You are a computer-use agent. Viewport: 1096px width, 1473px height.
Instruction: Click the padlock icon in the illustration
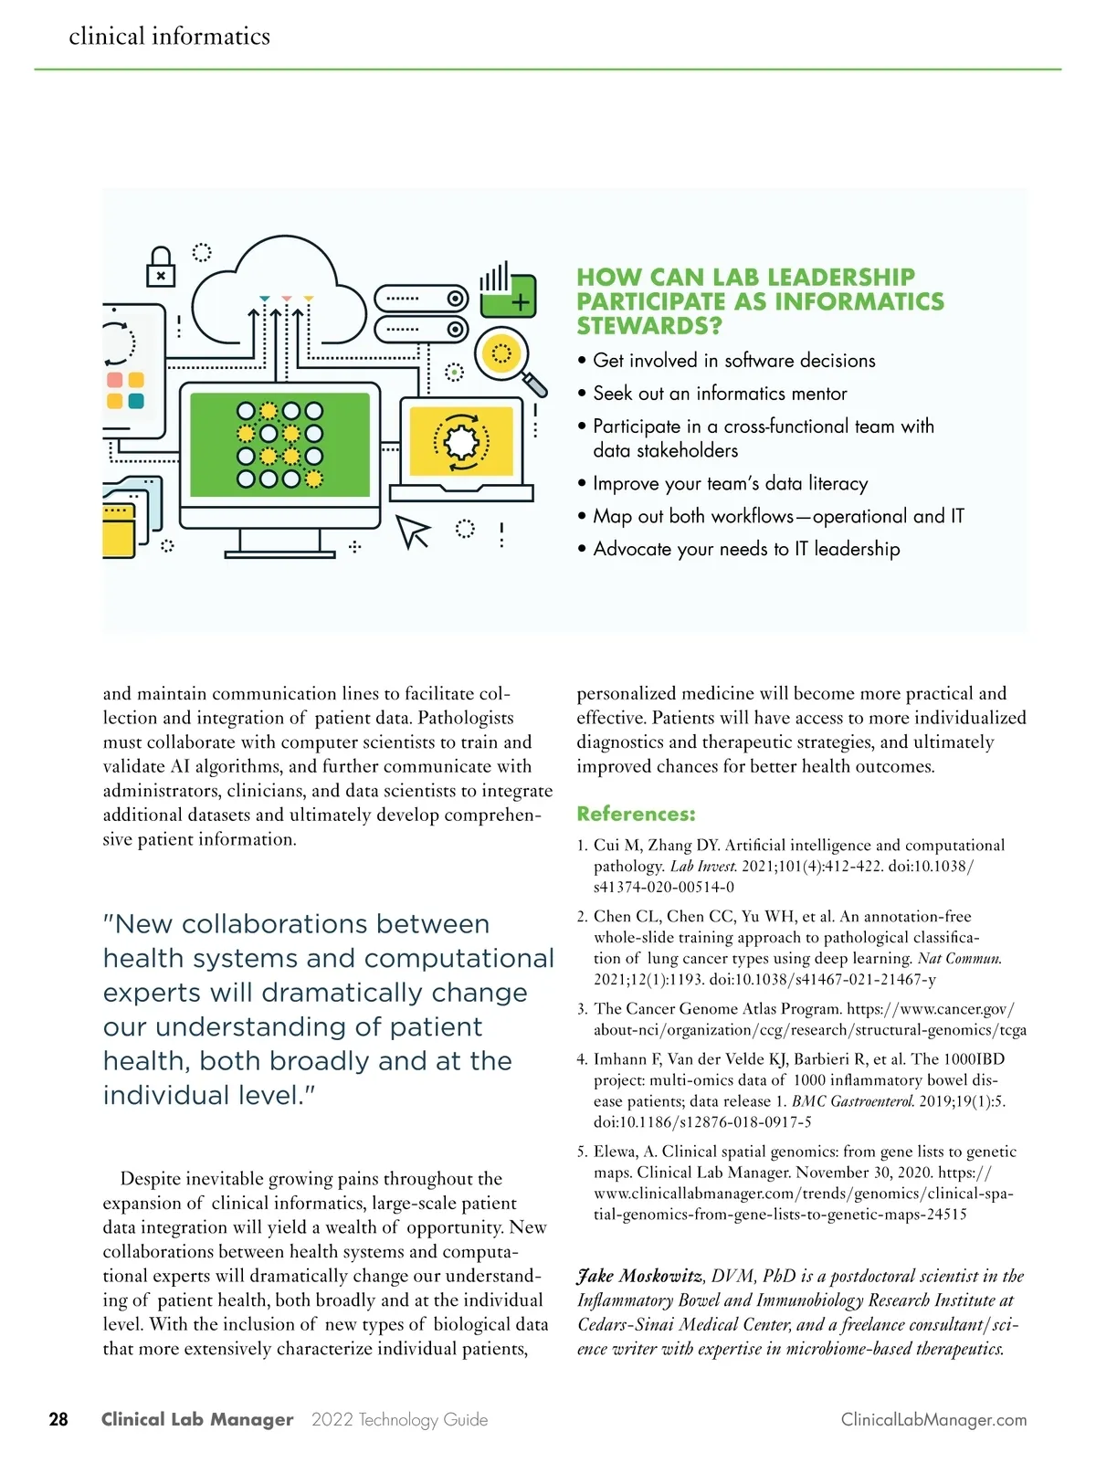[x=161, y=268]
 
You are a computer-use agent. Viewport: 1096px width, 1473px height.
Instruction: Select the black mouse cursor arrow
[x=412, y=531]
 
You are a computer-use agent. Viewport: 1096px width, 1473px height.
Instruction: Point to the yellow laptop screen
[x=461, y=442]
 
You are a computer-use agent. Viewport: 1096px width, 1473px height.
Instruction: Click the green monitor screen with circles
[x=279, y=444]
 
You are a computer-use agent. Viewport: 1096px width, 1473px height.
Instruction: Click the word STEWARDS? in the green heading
[x=648, y=326]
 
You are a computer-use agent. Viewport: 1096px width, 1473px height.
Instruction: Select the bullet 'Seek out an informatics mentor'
[x=720, y=394]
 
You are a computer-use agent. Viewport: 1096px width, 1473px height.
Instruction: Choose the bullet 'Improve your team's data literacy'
[x=730, y=484]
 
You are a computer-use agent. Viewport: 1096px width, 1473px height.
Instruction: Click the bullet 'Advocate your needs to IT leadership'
[x=746, y=549]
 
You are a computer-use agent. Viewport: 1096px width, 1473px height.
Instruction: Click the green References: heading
[x=636, y=814]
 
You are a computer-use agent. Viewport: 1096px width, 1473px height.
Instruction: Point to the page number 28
[x=58, y=1419]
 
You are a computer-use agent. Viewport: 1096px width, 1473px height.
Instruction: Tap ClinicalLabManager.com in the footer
[x=933, y=1420]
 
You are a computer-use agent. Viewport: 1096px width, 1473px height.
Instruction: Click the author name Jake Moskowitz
[x=640, y=1276]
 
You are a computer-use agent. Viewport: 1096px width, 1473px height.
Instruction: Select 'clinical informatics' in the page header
[x=170, y=37]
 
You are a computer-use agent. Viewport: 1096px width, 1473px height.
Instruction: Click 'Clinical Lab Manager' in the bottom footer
[x=197, y=1420]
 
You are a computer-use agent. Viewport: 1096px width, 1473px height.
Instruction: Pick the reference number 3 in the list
[x=582, y=1009]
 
